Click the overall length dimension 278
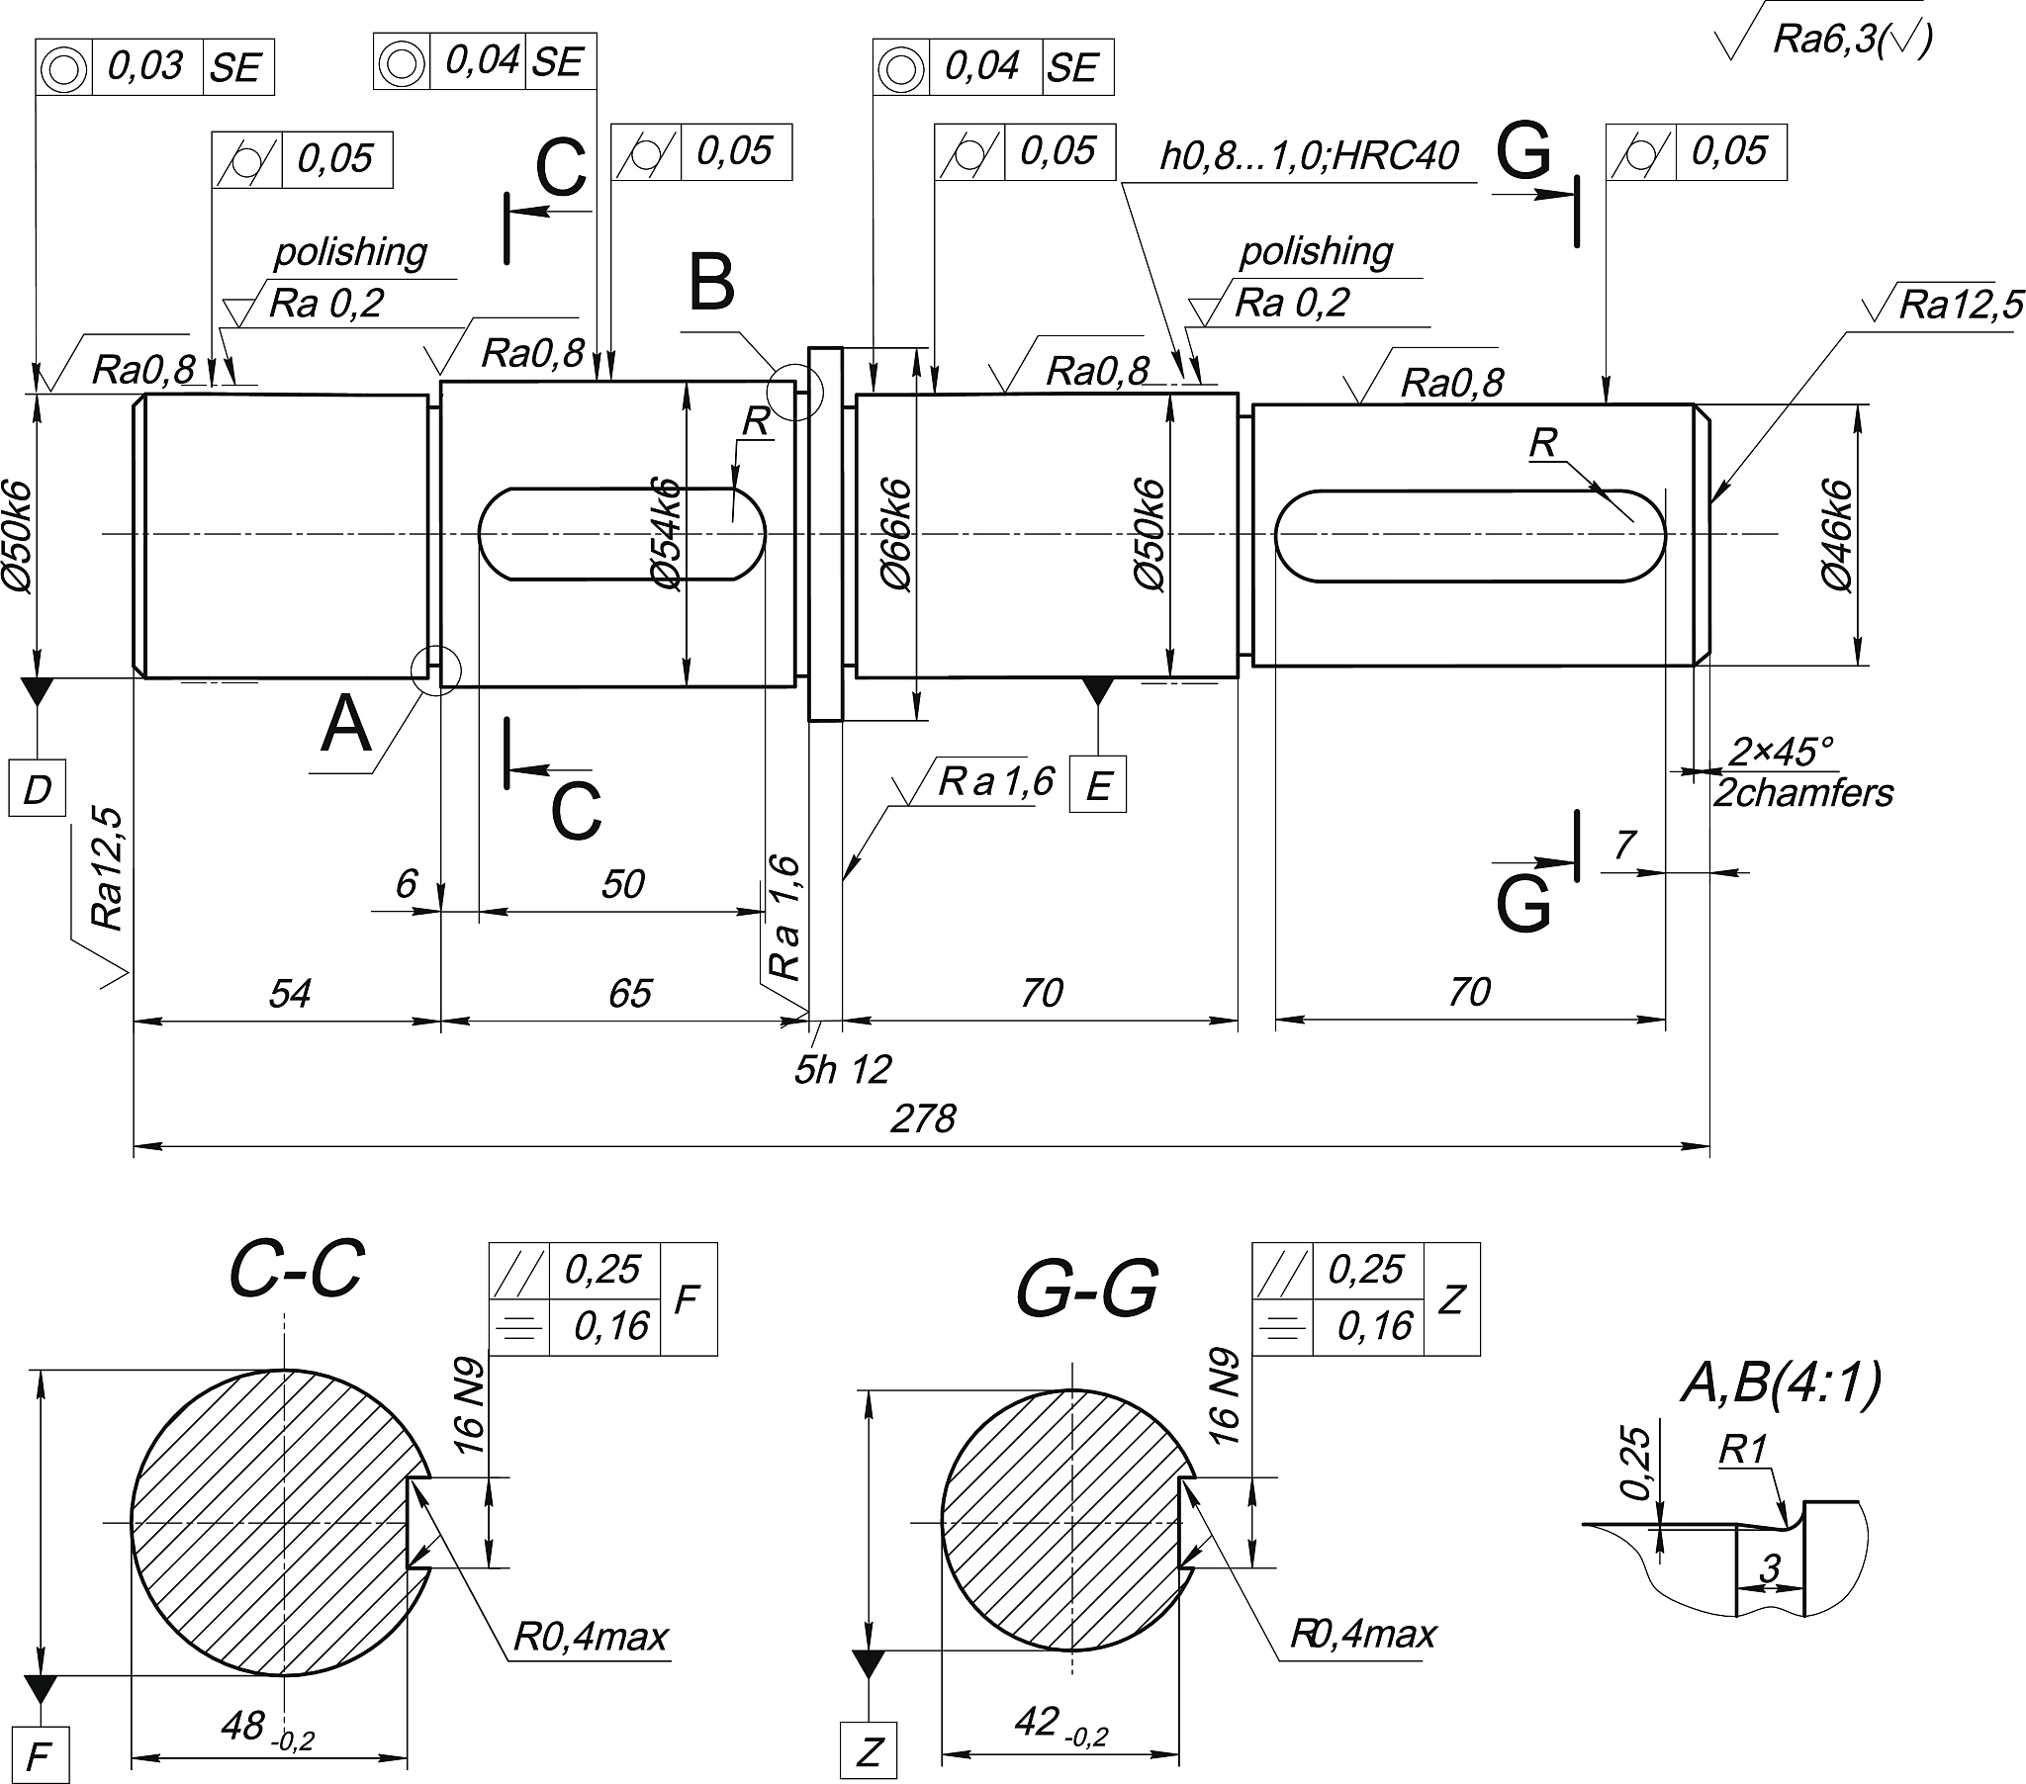pos(923,1119)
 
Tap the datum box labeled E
pos(1098,785)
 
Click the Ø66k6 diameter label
pos(895,535)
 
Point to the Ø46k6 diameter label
pos(1837,535)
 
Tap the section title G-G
pos(1087,1290)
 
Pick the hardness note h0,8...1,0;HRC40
pos(1310,155)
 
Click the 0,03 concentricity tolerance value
pos(145,66)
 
